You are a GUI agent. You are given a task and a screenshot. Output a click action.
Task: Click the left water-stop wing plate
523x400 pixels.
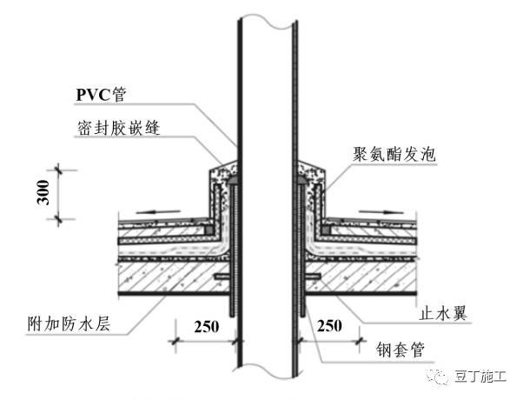click(x=220, y=277)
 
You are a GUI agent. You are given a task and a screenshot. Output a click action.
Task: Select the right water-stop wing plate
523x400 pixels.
click(x=311, y=277)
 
